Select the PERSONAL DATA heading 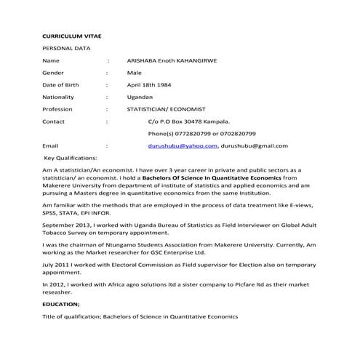(x=66, y=47)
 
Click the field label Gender (x=53, y=72)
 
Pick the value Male (x=135, y=72)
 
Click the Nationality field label (x=59, y=97)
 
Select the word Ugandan (x=140, y=97)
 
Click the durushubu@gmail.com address (x=255, y=146)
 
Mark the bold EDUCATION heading (x=62, y=304)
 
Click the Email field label (x=50, y=146)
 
